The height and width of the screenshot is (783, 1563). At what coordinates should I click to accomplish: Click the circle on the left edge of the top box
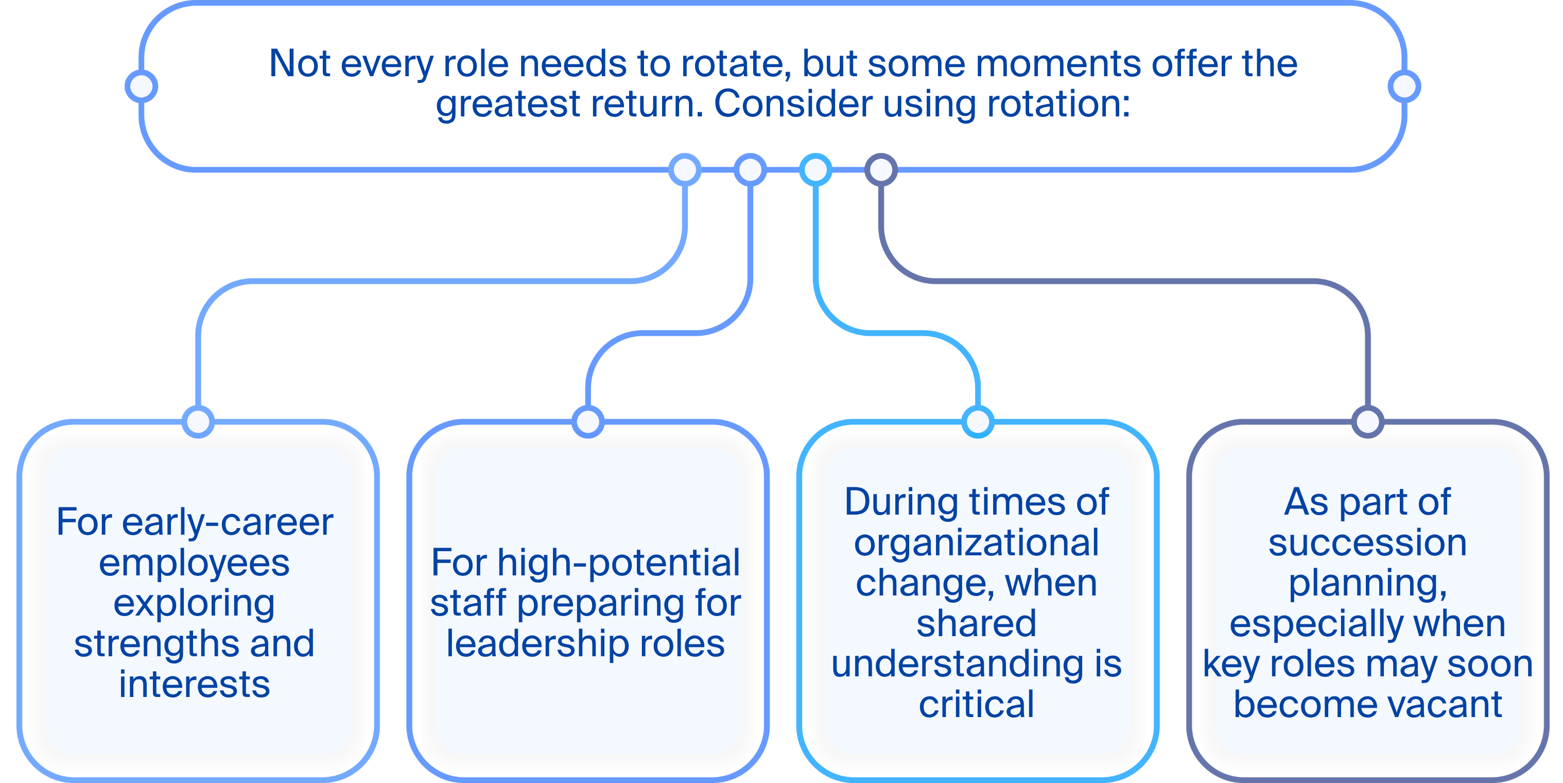(142, 86)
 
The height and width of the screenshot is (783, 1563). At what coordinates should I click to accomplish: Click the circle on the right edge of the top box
(1404, 86)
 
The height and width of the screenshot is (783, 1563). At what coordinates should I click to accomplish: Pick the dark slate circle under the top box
(881, 169)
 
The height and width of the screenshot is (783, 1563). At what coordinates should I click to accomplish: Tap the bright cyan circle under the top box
(815, 169)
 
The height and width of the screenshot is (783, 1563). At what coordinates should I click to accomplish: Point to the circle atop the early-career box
(198, 421)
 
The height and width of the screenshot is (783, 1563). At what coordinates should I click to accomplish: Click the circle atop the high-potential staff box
(588, 421)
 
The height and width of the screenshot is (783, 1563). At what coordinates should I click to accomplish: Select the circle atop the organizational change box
(978, 421)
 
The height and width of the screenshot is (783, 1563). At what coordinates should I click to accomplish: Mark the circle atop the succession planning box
(1367, 421)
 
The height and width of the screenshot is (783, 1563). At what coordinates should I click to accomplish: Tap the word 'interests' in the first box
(194, 685)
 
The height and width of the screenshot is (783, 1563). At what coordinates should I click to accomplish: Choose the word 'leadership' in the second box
(537, 644)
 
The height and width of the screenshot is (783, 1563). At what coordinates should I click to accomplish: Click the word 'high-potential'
(619, 563)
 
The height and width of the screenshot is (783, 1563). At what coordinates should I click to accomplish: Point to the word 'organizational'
(977, 542)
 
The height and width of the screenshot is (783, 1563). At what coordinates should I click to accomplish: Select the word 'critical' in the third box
(977, 705)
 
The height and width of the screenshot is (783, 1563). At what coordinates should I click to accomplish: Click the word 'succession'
(1367, 542)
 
